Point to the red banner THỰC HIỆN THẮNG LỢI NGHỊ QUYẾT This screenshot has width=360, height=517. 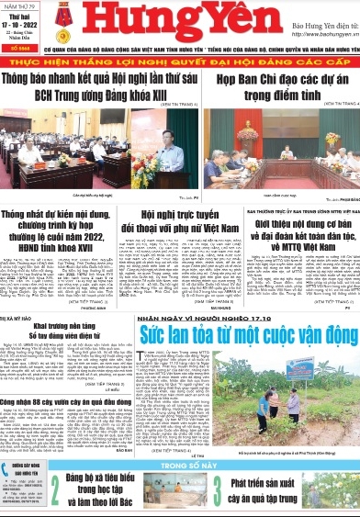coord(180,63)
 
